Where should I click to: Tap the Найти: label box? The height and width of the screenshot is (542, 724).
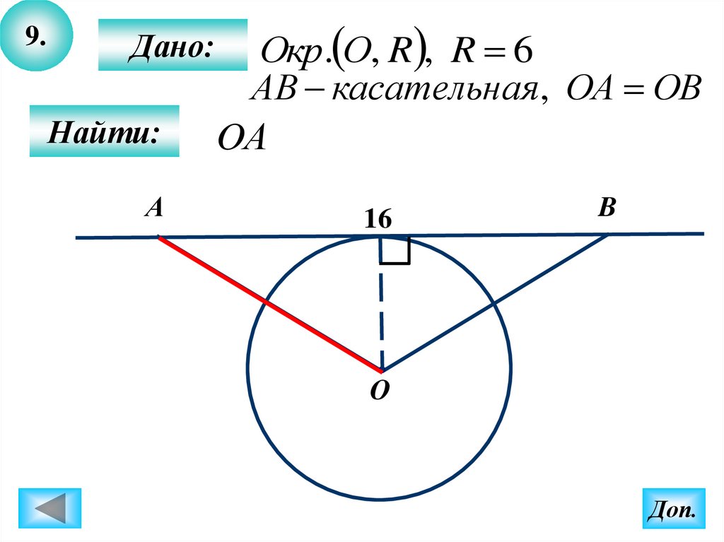[104, 131]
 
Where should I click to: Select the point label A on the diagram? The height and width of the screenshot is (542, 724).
[155, 207]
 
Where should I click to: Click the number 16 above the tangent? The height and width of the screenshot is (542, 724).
[378, 220]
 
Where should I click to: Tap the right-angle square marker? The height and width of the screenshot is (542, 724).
[395, 251]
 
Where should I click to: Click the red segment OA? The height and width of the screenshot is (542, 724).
[269, 303]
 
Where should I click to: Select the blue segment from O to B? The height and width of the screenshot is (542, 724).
[495, 303]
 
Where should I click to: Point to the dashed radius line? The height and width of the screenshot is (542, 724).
[381, 311]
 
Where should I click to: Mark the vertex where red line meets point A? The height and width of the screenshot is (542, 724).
[158, 237]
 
